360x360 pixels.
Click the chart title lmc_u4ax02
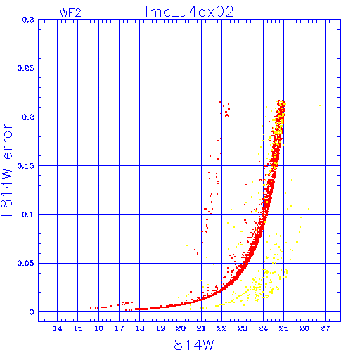(x=190, y=11)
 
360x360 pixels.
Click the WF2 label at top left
(x=70, y=13)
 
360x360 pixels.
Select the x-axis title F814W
(x=190, y=345)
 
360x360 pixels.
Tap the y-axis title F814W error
(x=6, y=170)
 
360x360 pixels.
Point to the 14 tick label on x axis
(x=58, y=328)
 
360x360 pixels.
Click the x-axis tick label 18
(x=140, y=328)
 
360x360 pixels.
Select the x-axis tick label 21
(x=201, y=328)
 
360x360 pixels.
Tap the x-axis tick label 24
(x=263, y=328)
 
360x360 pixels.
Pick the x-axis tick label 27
(x=325, y=328)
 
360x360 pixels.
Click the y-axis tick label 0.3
(x=28, y=20)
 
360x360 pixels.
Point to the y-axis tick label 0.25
(x=25, y=68)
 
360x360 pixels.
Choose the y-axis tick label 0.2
(x=28, y=117)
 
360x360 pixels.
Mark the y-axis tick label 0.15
(x=25, y=166)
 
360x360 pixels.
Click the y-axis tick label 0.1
(x=28, y=214)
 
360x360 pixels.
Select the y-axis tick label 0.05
(x=25, y=263)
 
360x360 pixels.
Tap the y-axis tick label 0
(x=32, y=312)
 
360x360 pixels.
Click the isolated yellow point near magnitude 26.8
(x=320, y=105)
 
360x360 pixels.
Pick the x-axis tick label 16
(x=98, y=328)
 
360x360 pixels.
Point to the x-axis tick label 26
(x=304, y=328)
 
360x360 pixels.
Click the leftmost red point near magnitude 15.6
(x=91, y=308)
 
